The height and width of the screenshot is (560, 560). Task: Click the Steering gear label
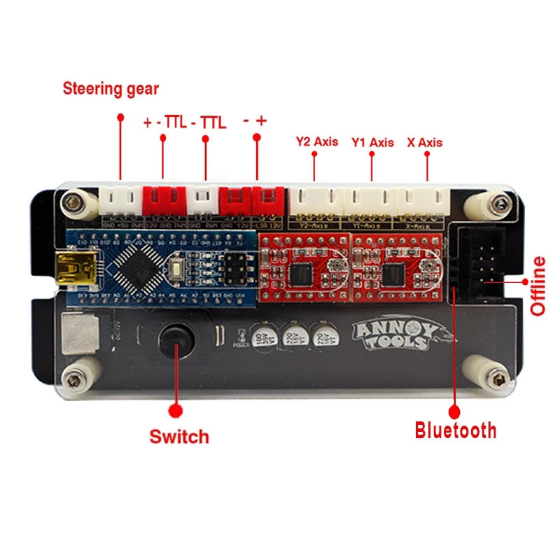pyautogui.click(x=111, y=89)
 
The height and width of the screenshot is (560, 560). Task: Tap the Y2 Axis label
pyautogui.click(x=316, y=141)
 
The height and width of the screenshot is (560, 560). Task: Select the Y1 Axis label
pyautogui.click(x=372, y=142)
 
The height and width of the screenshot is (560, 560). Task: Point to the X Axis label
pyautogui.click(x=425, y=142)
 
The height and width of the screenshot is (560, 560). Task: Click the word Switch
pyautogui.click(x=179, y=437)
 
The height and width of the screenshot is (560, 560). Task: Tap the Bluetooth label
pyautogui.click(x=456, y=430)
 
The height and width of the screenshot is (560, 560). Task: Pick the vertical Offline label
pyautogui.click(x=538, y=286)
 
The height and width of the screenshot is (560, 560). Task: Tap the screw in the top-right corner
pyautogui.click(x=498, y=204)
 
